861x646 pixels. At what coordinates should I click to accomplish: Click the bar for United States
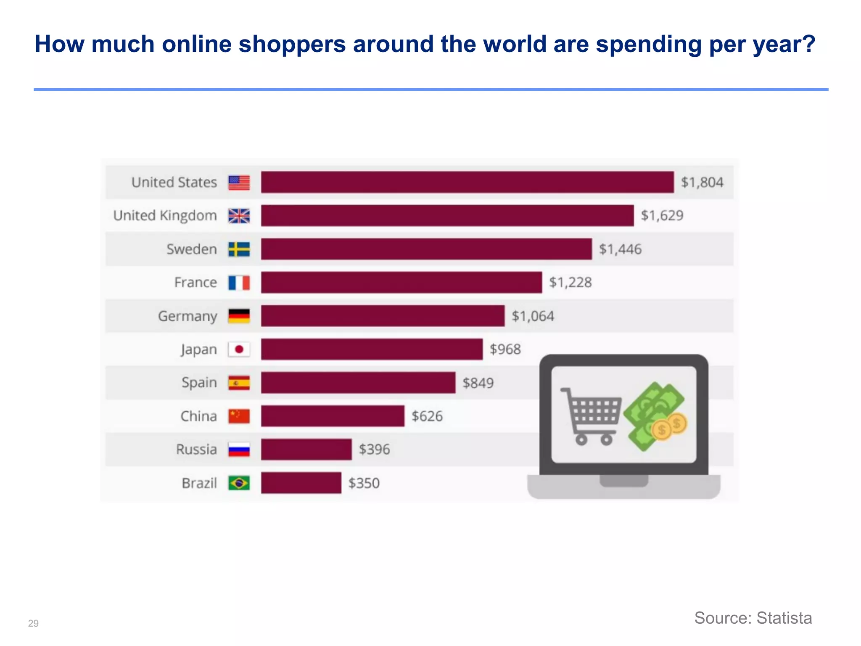coord(467,182)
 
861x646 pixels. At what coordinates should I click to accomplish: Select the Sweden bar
coord(426,249)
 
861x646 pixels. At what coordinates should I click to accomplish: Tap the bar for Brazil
coord(301,483)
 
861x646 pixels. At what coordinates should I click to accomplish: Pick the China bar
coord(333,416)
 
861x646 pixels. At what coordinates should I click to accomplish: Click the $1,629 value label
coord(662,215)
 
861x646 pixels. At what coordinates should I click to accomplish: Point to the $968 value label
coord(505,349)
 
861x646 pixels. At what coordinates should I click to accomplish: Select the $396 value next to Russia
coord(374,449)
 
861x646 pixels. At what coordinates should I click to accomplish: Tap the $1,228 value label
coord(570,282)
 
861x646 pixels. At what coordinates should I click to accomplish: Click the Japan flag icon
coord(239,349)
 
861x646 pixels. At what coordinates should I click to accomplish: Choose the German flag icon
coord(239,316)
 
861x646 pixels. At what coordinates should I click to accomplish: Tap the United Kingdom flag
coord(239,216)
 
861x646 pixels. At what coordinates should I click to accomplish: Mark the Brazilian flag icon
coord(239,483)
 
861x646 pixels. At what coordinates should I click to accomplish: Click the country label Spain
coord(199,383)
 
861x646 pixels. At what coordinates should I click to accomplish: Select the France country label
coord(195,282)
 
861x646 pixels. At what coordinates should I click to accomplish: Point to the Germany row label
coord(188,316)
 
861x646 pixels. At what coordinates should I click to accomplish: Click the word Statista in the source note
coord(784,618)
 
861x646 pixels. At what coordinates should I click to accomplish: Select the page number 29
coord(33,623)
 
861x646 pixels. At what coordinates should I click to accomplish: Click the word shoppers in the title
coord(292,44)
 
